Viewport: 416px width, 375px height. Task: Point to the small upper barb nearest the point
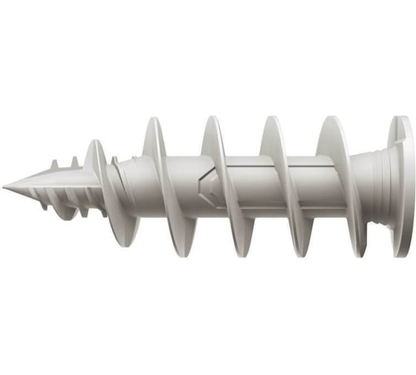[54, 164]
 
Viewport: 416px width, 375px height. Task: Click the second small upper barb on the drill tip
[74, 160]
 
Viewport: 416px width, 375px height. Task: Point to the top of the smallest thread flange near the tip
[95, 144]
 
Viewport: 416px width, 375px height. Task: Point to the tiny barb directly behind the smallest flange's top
[114, 159]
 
